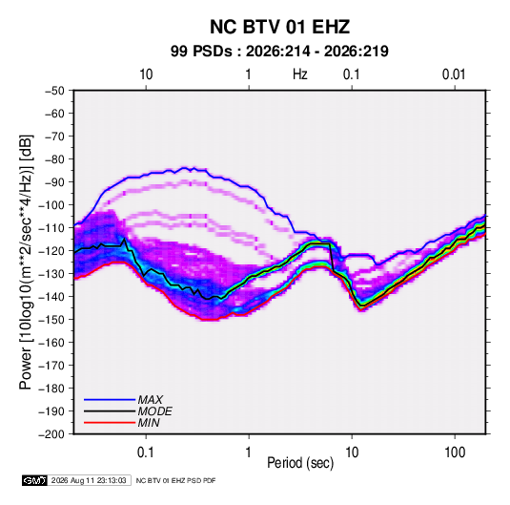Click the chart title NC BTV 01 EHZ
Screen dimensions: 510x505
coord(279,27)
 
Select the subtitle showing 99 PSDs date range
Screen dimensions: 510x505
coord(279,52)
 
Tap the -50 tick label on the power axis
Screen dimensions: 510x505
coord(54,91)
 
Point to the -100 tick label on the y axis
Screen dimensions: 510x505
coord(51,205)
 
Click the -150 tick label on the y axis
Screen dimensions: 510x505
coord(51,320)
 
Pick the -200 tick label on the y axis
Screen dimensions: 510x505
coord(51,434)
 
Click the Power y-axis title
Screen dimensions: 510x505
coord(26,262)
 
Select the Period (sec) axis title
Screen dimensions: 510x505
coord(300,463)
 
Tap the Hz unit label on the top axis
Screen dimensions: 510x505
coord(300,74)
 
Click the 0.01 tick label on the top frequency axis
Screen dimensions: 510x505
coord(454,74)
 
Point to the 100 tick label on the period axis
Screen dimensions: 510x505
coord(455,452)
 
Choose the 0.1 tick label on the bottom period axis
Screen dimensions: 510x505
coord(146,452)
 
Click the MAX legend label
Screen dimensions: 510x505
coord(151,400)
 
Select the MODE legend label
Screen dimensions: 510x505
coord(154,411)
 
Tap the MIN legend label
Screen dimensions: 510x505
coord(149,423)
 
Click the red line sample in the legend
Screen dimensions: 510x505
coord(110,423)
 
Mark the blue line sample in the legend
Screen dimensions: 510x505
coord(110,400)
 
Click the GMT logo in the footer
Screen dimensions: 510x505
coord(35,480)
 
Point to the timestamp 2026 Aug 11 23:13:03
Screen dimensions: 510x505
coord(89,480)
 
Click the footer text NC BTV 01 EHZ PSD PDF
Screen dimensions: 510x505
coord(175,480)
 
